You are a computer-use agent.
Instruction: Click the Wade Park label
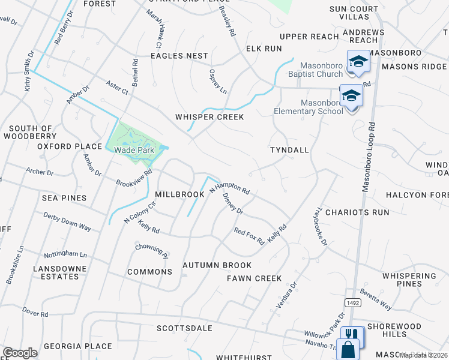click(x=134, y=150)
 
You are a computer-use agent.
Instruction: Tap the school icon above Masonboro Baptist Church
click(x=358, y=62)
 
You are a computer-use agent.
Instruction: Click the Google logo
click(x=20, y=353)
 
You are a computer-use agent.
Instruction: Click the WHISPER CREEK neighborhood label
click(x=209, y=117)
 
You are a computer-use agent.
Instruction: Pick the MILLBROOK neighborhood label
click(x=180, y=195)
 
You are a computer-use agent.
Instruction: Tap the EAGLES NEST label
click(x=179, y=56)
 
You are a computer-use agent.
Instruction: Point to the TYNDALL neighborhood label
click(x=289, y=149)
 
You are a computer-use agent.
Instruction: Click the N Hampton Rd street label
click(x=229, y=190)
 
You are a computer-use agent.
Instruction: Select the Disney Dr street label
click(x=233, y=203)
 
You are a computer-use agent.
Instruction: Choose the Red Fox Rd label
click(x=249, y=236)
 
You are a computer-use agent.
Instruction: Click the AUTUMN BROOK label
click(x=217, y=265)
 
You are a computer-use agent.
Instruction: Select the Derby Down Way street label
click(x=67, y=221)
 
